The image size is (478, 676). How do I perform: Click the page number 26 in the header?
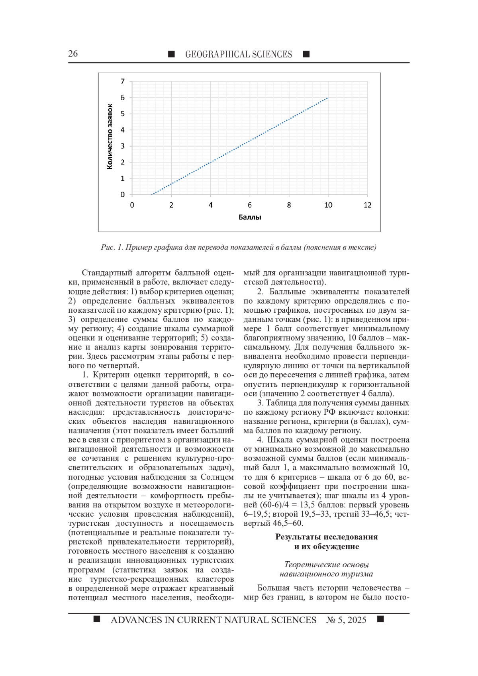click(73, 54)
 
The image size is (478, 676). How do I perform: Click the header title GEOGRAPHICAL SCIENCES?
click(238, 55)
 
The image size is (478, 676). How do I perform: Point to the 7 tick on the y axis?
click(123, 81)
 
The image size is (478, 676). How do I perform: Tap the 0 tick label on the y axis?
click(123, 195)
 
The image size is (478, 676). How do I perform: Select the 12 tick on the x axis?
click(367, 205)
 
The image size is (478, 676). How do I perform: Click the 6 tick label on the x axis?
click(250, 205)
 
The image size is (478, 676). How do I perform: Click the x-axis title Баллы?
click(250, 217)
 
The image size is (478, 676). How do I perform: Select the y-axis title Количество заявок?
click(110, 137)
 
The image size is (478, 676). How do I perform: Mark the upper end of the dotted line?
click(328, 98)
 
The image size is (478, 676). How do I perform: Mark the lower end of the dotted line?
click(152, 194)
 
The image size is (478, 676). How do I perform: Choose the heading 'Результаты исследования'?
click(326, 537)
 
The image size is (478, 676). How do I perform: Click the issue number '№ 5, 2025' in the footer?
click(346, 620)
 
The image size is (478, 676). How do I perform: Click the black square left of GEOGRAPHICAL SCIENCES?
click(171, 54)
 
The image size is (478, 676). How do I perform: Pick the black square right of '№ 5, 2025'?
click(380, 619)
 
